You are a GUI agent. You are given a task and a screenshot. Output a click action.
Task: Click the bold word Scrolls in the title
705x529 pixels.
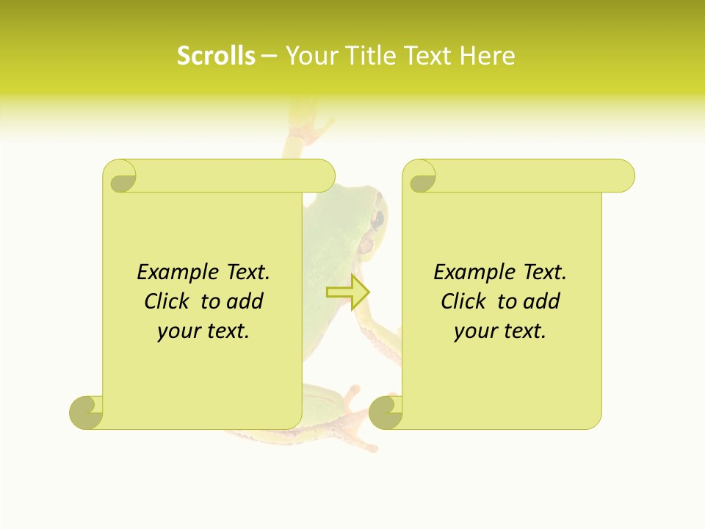coord(216,55)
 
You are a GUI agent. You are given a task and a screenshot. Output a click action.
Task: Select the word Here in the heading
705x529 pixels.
coord(487,55)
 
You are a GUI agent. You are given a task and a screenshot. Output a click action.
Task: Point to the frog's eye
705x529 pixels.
coord(377,218)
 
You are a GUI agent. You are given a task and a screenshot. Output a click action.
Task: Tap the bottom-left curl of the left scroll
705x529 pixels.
coord(86,411)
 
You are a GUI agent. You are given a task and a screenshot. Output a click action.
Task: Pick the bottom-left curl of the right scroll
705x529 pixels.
coord(386,411)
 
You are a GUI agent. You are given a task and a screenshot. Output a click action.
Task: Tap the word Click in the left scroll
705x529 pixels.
coord(167,301)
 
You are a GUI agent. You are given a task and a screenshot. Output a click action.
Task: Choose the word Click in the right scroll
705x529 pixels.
coord(464,301)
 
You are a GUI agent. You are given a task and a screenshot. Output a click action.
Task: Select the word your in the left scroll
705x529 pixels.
coord(178,331)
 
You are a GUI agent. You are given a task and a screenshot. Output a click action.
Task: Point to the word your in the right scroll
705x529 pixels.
coord(475,331)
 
